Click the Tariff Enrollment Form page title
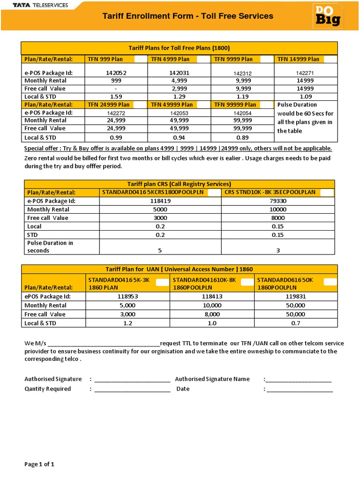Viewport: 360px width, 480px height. click(x=187, y=16)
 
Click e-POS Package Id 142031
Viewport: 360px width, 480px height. click(x=179, y=73)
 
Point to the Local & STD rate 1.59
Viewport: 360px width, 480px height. click(x=115, y=97)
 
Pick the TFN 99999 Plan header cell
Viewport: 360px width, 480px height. click(x=235, y=105)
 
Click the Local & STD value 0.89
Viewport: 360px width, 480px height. click(x=242, y=137)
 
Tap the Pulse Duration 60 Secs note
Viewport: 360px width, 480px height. click(x=305, y=118)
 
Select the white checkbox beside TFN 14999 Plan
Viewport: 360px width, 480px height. click(x=330, y=59)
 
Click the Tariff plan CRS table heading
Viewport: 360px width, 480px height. click(x=180, y=184)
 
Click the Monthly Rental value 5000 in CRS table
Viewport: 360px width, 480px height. click(x=160, y=210)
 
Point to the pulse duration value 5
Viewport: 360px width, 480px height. click(x=160, y=250)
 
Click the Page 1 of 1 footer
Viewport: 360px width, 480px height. click(x=39, y=465)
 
